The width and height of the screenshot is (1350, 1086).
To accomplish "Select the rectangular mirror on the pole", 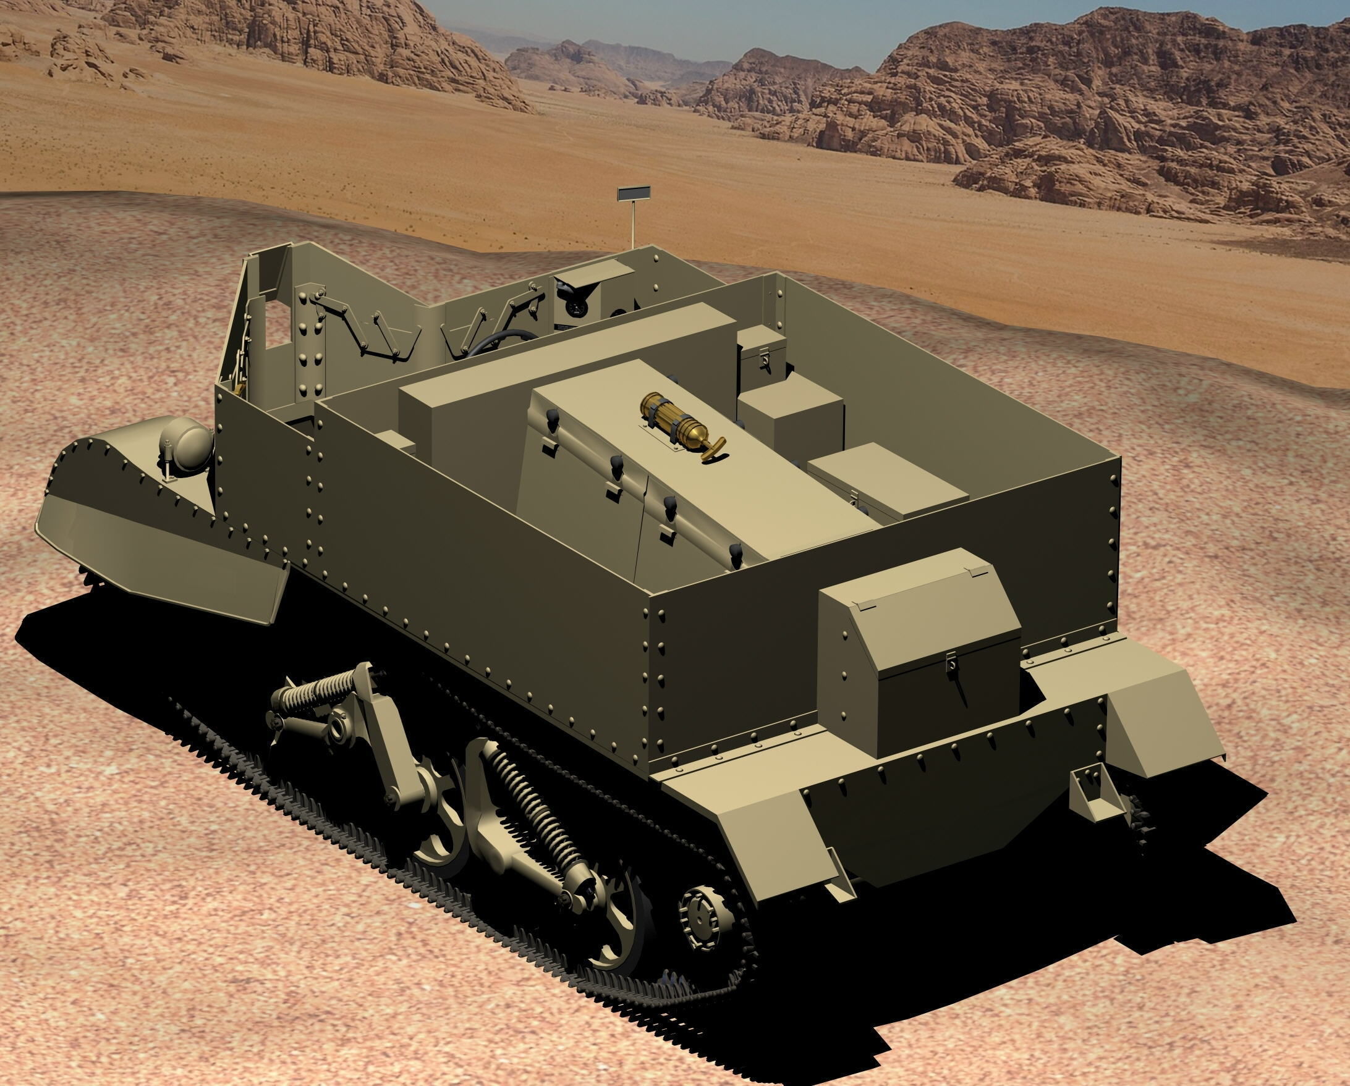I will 634,193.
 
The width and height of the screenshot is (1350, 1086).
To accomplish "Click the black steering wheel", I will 501,342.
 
